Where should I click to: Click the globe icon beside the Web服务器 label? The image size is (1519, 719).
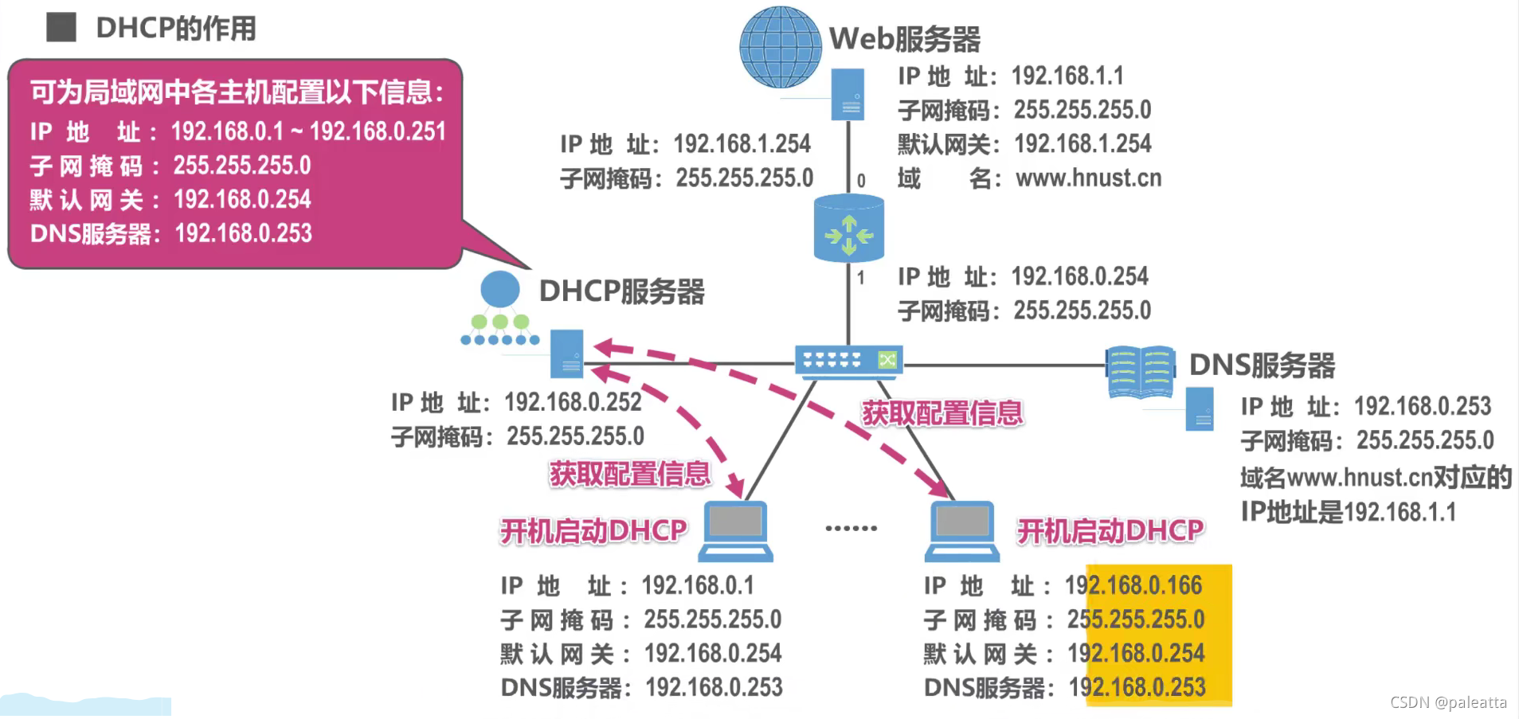(780, 47)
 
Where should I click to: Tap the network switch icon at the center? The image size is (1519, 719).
(848, 361)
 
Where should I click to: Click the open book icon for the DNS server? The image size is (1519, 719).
(1141, 371)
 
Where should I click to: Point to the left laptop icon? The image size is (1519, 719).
(735, 530)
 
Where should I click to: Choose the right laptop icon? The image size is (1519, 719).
(962, 530)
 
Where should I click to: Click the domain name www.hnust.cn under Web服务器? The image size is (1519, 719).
(1088, 178)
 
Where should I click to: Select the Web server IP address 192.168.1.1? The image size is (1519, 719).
(1067, 76)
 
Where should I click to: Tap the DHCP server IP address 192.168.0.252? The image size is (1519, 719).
(573, 403)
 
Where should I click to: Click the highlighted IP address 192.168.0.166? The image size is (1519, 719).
(1133, 586)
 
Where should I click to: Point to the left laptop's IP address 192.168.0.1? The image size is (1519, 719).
(698, 586)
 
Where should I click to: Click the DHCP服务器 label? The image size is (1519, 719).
(621, 291)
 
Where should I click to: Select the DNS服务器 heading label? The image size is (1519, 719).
(1262, 365)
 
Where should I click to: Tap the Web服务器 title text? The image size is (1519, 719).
(905, 38)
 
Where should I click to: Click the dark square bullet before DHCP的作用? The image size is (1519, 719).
(61, 27)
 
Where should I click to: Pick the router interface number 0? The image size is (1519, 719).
(861, 181)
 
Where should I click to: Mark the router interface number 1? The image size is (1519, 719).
(861, 278)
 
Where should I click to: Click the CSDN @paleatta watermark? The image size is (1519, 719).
(1448, 702)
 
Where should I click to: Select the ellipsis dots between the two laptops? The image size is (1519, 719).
(851, 528)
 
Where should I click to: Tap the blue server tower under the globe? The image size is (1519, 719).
(848, 94)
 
